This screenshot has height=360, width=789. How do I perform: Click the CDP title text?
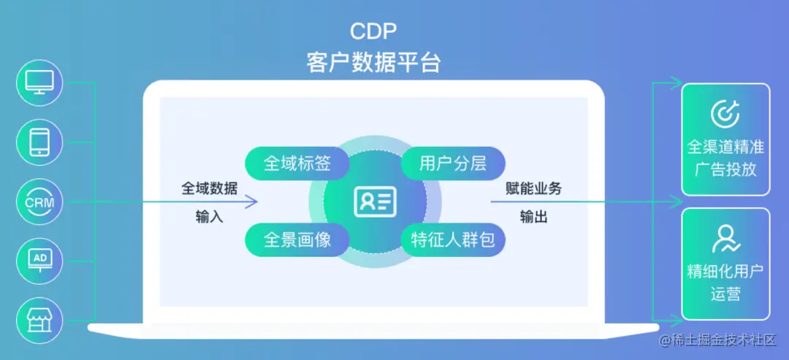pyautogui.click(x=373, y=31)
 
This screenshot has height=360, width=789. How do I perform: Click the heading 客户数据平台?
pyautogui.click(x=373, y=62)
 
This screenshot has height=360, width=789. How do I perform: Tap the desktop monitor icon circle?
pyautogui.click(x=39, y=83)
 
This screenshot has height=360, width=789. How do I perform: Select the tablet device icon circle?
pyautogui.click(x=39, y=142)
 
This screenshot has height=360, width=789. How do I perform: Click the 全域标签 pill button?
pyautogui.click(x=297, y=163)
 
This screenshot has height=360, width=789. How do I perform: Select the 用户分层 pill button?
pyautogui.click(x=453, y=163)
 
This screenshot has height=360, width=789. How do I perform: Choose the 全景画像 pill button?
pyautogui.click(x=297, y=240)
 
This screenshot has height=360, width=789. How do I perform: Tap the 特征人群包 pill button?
pyautogui.click(x=453, y=240)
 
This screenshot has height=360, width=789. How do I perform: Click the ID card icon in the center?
pyautogui.click(x=375, y=202)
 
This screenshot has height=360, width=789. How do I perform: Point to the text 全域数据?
pyautogui.click(x=209, y=188)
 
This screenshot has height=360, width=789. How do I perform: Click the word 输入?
pyautogui.click(x=209, y=217)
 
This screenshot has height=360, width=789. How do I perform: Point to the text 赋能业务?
pyautogui.click(x=534, y=188)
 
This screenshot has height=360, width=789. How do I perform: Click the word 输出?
pyautogui.click(x=534, y=217)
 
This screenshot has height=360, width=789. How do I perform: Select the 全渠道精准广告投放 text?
pyautogui.click(x=725, y=158)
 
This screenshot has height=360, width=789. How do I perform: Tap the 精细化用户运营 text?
pyautogui.click(x=725, y=283)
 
